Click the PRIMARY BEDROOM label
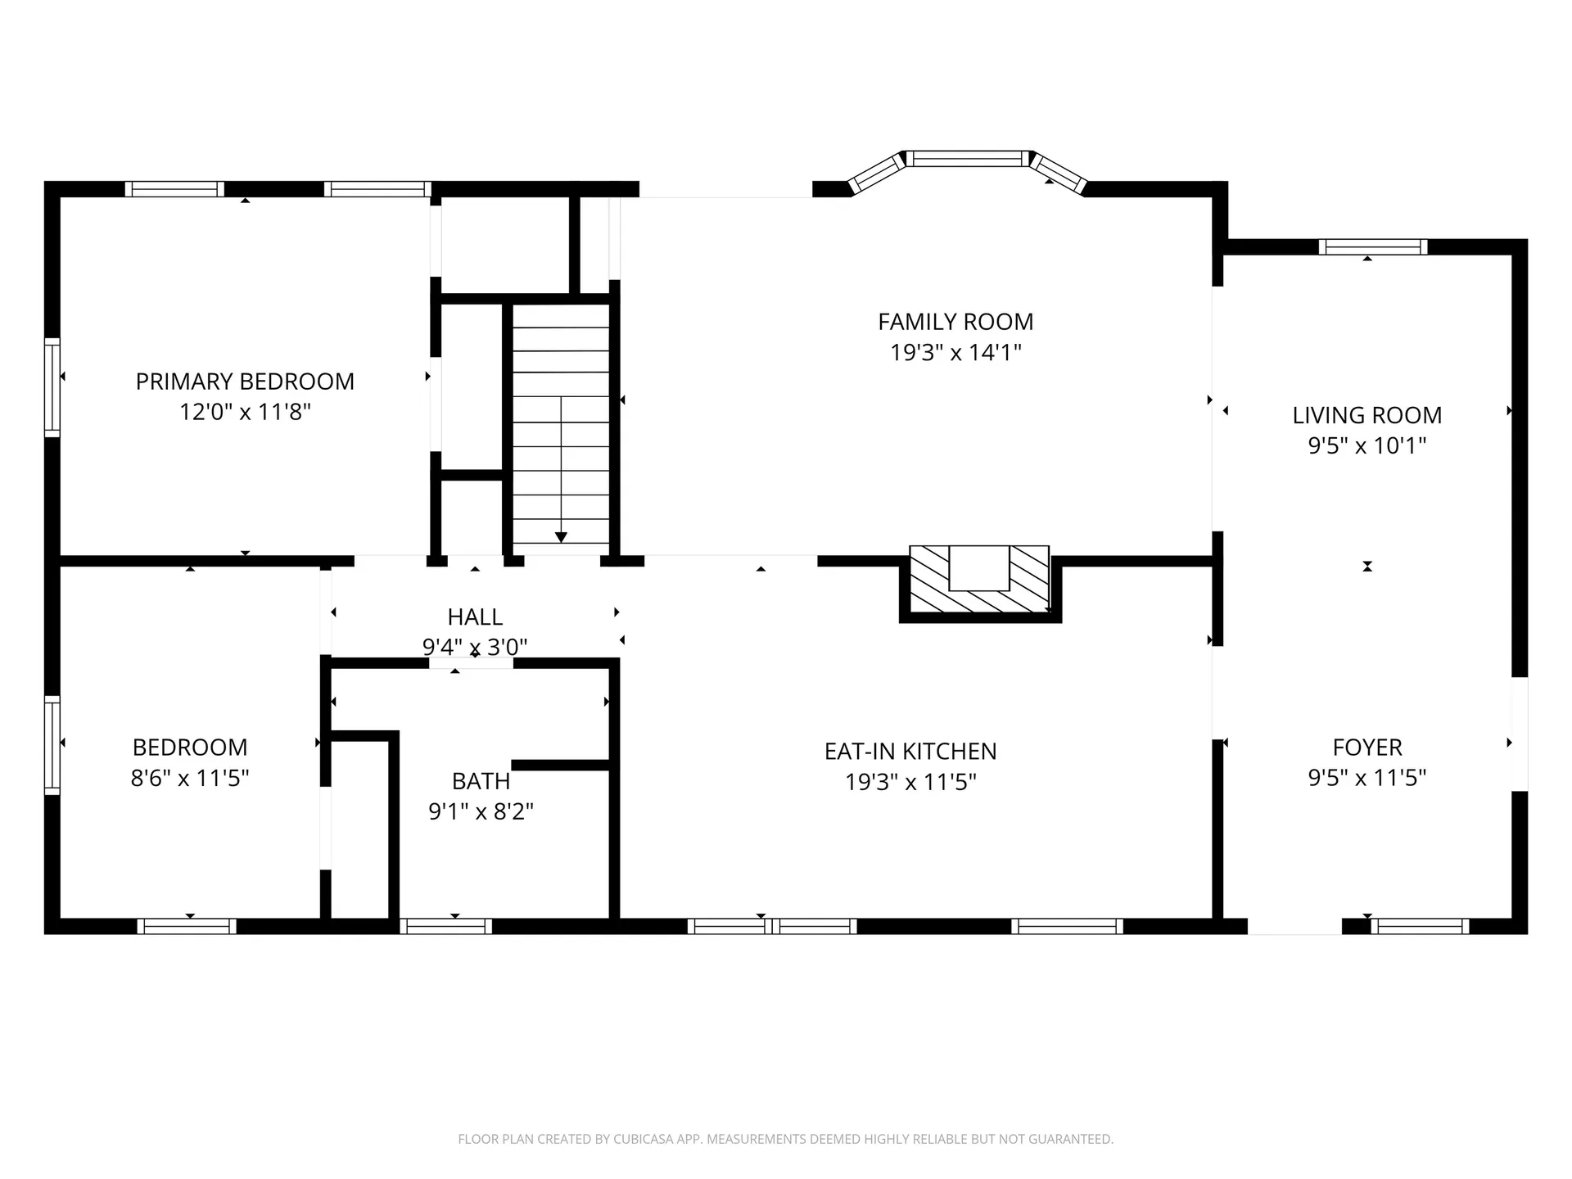click(x=245, y=382)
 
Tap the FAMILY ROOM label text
click(x=955, y=322)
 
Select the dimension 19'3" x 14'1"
click(x=955, y=353)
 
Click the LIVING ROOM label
click(x=1367, y=415)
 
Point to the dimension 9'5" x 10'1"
click(x=1367, y=446)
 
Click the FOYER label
click(x=1367, y=748)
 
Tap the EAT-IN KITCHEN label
click(x=910, y=752)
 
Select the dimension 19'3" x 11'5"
click(x=910, y=783)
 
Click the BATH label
click(x=481, y=781)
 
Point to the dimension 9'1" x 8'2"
click(x=481, y=811)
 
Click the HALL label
click(x=475, y=617)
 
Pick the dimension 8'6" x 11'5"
click(x=190, y=778)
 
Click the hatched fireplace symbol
click(x=980, y=579)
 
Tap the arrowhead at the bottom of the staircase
click(x=561, y=537)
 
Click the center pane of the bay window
click(x=968, y=159)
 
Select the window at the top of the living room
click(x=1373, y=247)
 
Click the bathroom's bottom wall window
click(x=446, y=926)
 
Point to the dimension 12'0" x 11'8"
click(x=245, y=412)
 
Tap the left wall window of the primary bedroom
click(x=52, y=386)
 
